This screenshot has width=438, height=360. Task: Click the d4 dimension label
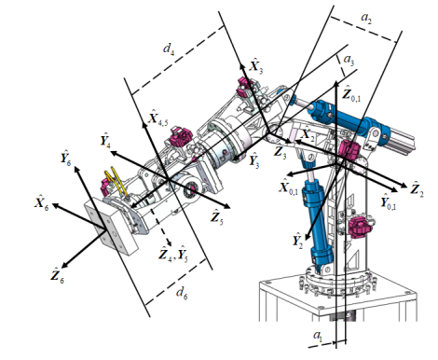(169, 48)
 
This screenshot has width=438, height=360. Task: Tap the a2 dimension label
(366, 18)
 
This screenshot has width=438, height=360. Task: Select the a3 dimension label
(349, 60)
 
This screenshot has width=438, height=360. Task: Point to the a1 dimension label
(318, 336)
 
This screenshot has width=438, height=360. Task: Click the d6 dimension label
(182, 293)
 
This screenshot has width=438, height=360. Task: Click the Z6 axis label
(58, 274)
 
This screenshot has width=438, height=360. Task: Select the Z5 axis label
(217, 216)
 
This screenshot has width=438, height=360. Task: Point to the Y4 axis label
(105, 140)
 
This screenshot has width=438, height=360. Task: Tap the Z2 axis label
(417, 189)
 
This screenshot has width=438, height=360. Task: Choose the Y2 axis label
(297, 240)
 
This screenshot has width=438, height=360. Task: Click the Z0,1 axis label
(351, 93)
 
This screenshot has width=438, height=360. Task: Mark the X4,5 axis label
(158, 118)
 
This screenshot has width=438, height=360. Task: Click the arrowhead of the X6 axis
(55, 205)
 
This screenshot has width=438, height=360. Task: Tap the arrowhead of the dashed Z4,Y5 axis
(169, 242)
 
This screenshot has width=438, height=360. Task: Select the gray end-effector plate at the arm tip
(111, 228)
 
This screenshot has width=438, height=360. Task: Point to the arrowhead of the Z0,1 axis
(336, 84)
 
